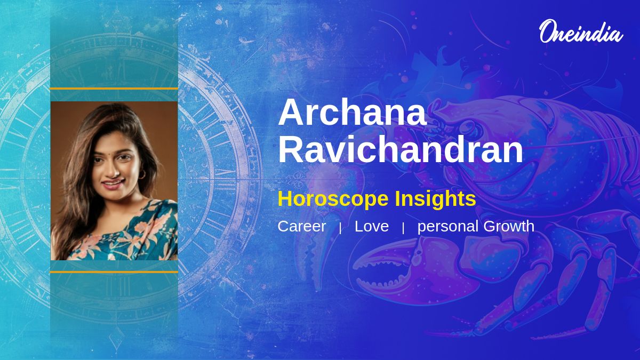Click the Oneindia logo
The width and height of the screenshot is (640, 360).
pos(581,31)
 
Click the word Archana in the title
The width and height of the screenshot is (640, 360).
pos(353,112)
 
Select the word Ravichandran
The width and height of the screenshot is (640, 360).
pos(401,149)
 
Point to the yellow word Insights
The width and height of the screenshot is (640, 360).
pos(435,199)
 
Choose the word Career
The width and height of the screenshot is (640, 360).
pos(302,226)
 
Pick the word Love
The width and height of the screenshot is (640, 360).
pos(372,226)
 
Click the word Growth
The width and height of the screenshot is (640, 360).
pos(509,226)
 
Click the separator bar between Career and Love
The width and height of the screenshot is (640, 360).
pos(340,228)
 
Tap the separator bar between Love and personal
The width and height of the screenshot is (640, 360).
pos(403,228)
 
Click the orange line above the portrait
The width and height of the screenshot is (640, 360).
pos(114,89)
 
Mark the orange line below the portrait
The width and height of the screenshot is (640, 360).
pos(114,272)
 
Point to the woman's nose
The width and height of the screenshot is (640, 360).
pos(115,170)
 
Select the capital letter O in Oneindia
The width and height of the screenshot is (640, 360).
pos(547,31)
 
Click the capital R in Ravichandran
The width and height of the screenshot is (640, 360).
pos(289,149)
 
